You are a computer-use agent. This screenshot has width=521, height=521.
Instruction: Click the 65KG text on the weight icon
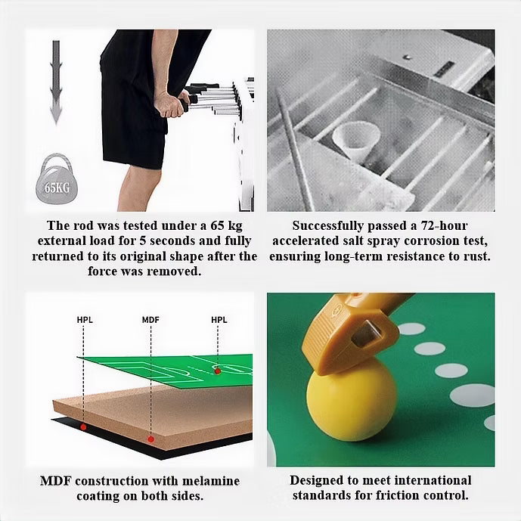point(57,188)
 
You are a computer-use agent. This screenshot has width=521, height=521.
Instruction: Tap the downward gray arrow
point(56,82)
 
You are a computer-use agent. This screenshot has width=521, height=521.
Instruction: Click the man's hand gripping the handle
point(170,104)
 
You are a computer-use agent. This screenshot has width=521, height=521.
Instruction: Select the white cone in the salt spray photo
point(356,140)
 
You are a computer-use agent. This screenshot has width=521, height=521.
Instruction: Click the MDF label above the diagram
point(150,320)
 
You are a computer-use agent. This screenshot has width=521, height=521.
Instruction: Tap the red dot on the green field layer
point(218,371)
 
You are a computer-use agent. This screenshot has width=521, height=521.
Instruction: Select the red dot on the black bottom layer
point(83,427)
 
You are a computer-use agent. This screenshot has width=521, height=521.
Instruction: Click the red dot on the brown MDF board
point(150,439)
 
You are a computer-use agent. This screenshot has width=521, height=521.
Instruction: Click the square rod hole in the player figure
point(367,334)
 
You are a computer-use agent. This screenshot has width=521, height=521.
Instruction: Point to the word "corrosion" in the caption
point(429,241)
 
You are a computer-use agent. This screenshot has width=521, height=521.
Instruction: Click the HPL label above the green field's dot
point(219,320)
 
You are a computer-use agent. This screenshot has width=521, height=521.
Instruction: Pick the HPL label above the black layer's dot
point(85,320)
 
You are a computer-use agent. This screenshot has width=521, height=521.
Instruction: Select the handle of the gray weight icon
point(57,162)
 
